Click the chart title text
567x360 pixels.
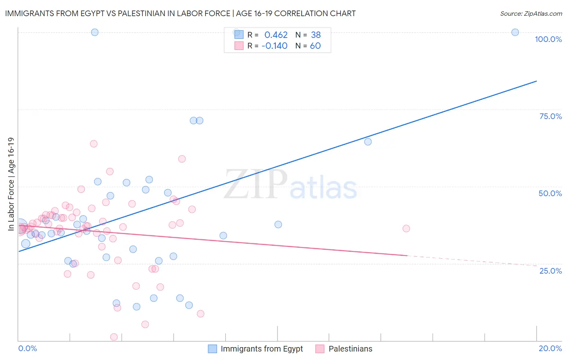(180, 13)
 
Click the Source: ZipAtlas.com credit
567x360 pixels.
(531, 13)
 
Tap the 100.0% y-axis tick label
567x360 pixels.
(548, 39)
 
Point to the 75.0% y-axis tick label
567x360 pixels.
(550, 116)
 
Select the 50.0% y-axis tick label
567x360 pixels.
(550, 193)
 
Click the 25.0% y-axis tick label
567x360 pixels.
(550, 271)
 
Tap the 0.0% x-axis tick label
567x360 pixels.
(27, 348)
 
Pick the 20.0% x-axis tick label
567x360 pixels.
(550, 348)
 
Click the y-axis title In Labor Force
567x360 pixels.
(11, 184)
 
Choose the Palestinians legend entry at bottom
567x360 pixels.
(350, 349)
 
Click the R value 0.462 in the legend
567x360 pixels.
(276, 35)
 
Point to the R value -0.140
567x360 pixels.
(274, 46)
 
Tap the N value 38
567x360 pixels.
(316, 35)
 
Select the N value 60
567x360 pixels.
(315, 46)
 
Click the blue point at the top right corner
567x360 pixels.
(515, 32)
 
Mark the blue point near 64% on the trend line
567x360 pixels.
(368, 142)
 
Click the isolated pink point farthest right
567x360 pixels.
(406, 228)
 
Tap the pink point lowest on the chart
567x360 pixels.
(114, 337)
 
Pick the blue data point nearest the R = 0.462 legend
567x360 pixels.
(237, 32)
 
